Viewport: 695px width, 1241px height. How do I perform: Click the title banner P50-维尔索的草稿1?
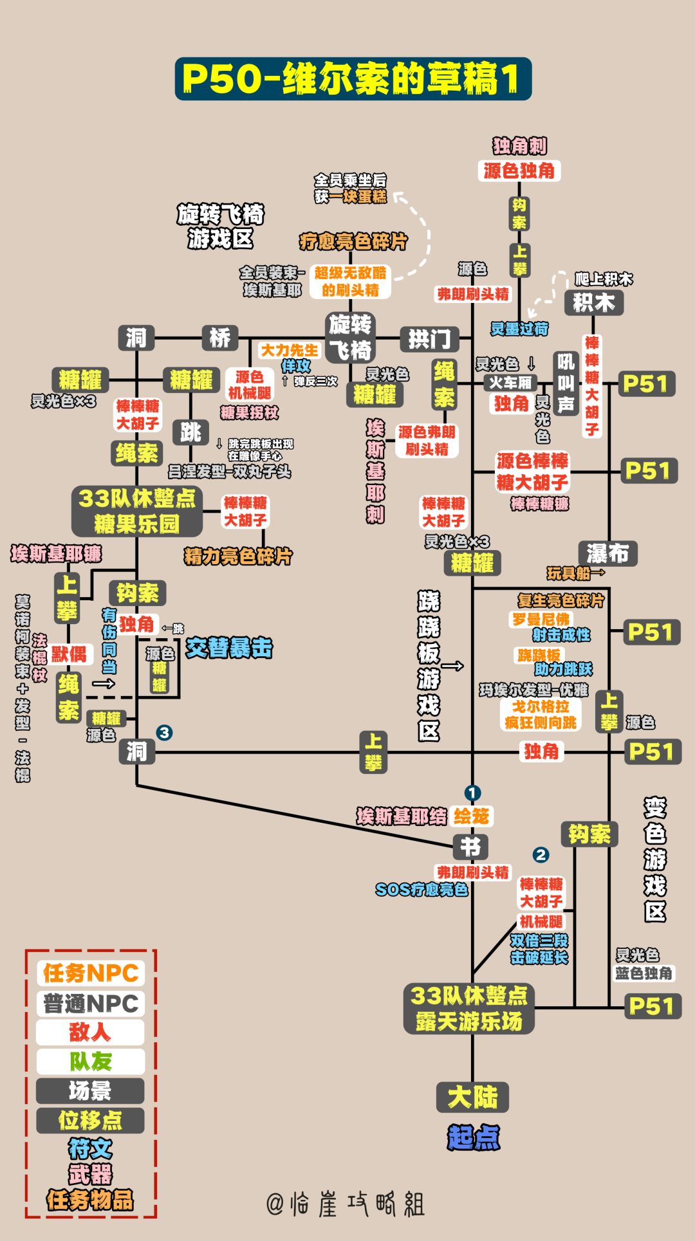353,78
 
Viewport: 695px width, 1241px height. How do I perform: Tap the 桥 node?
220,337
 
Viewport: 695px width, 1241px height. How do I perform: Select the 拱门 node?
430,338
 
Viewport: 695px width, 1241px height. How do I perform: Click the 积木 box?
593,302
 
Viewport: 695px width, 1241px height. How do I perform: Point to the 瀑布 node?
607,553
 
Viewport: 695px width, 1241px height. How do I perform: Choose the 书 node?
471,846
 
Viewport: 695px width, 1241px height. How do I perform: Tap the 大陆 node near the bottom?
472,1097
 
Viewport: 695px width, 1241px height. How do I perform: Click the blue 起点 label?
474,1137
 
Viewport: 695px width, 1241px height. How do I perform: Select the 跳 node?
190,432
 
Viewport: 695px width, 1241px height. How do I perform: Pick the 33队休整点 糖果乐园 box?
136,511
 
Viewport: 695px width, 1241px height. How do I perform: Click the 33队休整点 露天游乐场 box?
469,1008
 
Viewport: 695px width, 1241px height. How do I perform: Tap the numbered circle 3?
164,732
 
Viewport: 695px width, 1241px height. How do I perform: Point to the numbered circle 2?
541,854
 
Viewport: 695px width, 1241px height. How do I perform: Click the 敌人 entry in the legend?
90,1032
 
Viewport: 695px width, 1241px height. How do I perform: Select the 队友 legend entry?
90,1062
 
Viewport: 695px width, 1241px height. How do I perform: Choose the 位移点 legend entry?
90,1120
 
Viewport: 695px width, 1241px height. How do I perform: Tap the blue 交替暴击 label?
229,648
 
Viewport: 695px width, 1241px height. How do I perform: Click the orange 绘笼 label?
471,816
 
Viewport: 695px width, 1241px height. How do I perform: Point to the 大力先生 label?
289,350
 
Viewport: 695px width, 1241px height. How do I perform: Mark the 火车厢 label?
510,383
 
